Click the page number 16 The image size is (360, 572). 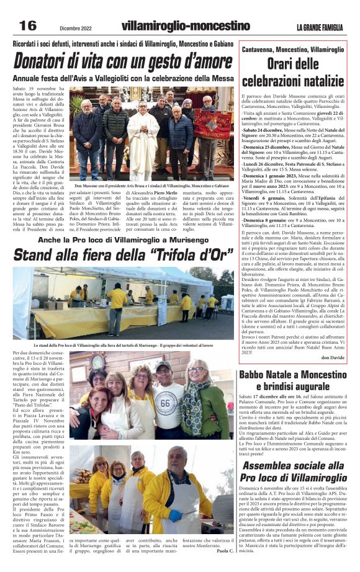click(27, 25)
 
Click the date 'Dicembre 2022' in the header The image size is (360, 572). click(79, 28)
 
